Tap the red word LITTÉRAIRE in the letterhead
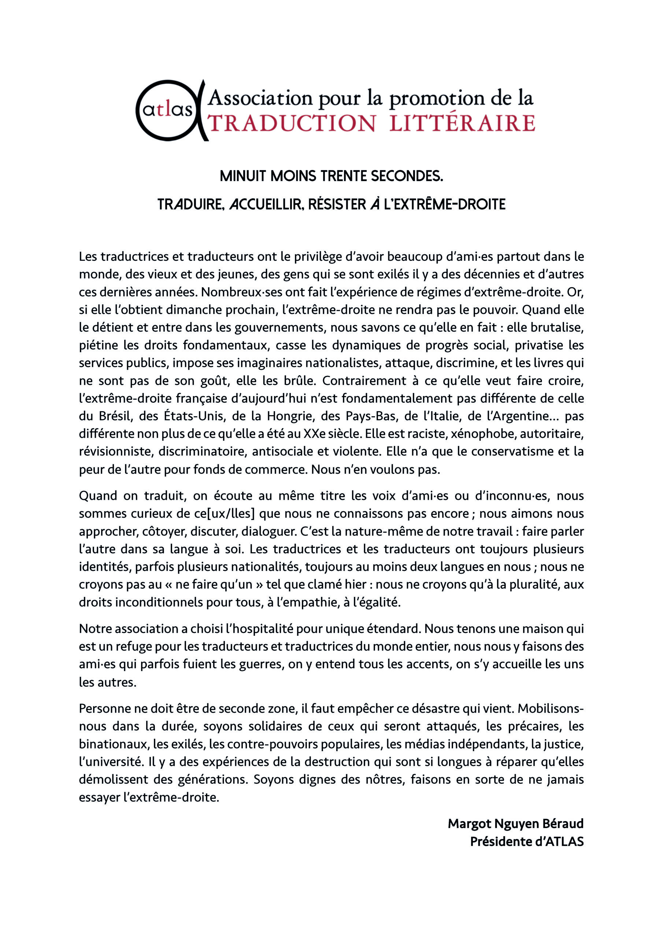coord(462,124)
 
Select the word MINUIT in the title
coord(244,176)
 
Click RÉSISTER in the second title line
coord(337,204)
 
